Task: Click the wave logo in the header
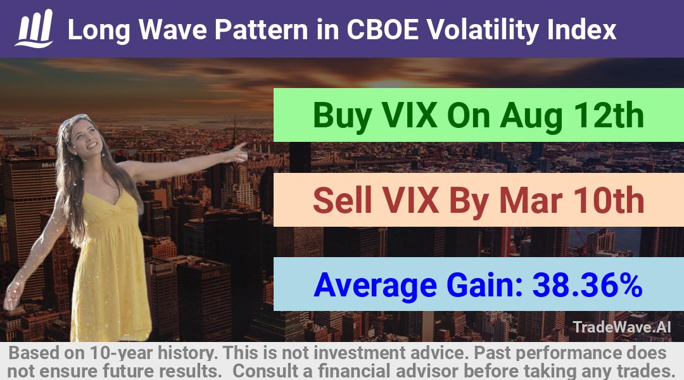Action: click(34, 28)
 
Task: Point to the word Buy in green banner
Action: click(343, 116)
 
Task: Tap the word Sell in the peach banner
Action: click(343, 200)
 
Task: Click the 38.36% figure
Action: click(588, 285)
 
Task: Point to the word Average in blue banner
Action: click(375, 286)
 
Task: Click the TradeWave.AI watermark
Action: click(622, 327)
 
